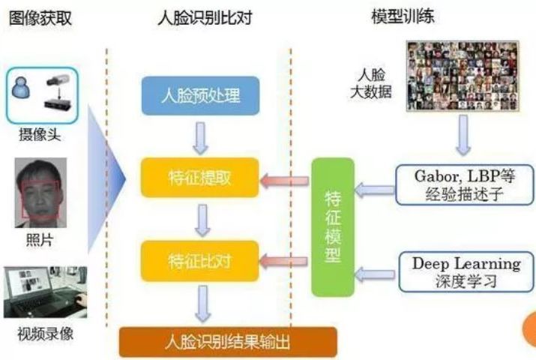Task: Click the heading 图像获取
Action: (x=40, y=18)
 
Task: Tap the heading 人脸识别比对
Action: (x=205, y=18)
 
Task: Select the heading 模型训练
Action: (x=403, y=16)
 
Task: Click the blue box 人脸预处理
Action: (x=200, y=96)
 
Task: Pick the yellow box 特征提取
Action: (x=200, y=178)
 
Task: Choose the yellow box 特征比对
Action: (x=200, y=261)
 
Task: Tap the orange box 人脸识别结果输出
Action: (x=228, y=342)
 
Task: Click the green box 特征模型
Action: (x=333, y=227)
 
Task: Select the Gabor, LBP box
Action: (x=465, y=185)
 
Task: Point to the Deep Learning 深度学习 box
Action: (x=466, y=272)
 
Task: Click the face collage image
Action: (x=463, y=76)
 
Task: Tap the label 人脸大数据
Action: (x=371, y=83)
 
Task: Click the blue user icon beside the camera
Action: (x=21, y=87)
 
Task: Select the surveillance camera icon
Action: (x=58, y=93)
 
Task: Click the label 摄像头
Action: (x=40, y=135)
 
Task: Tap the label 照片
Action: (x=40, y=240)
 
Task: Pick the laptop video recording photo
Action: (x=45, y=292)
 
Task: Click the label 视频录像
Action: (x=45, y=334)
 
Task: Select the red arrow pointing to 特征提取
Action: (x=284, y=181)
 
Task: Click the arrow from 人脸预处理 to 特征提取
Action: (x=200, y=138)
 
